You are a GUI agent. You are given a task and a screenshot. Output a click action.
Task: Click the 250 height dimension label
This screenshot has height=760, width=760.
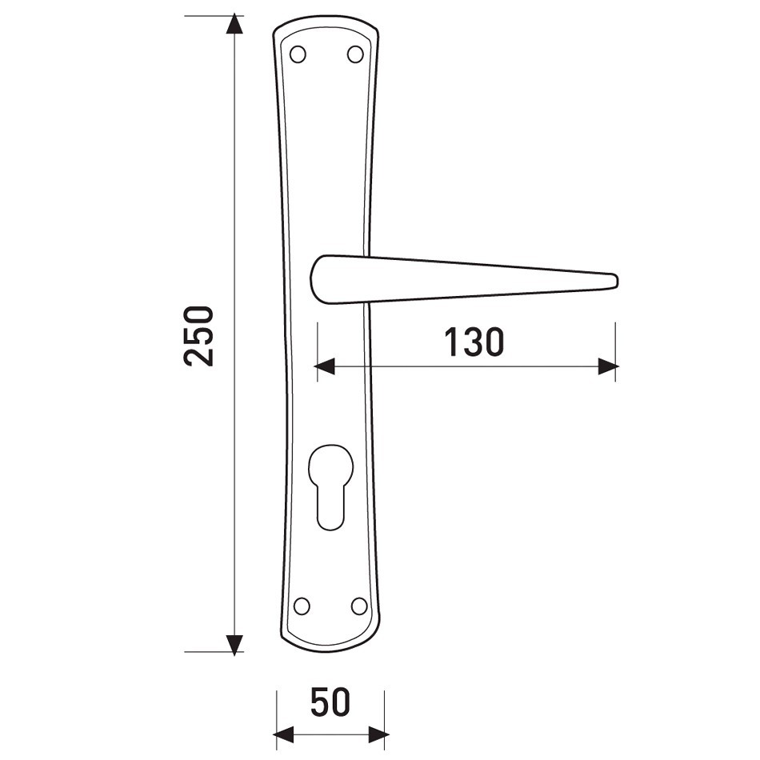point(198,336)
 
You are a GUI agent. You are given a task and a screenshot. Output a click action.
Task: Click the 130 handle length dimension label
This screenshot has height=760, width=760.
point(474,342)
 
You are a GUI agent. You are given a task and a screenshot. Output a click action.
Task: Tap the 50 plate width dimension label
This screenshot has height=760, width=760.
point(330,702)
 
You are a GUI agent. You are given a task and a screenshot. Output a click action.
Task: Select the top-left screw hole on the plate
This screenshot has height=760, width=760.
point(298,54)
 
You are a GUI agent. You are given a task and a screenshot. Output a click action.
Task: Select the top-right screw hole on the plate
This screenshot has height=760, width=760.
point(355,54)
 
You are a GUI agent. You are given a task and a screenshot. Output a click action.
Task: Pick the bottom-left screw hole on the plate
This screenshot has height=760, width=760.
point(302,606)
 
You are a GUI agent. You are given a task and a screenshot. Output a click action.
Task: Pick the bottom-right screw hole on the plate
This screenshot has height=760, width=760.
point(359,606)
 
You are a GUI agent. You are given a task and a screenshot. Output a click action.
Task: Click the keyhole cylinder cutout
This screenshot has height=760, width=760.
point(330,486)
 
